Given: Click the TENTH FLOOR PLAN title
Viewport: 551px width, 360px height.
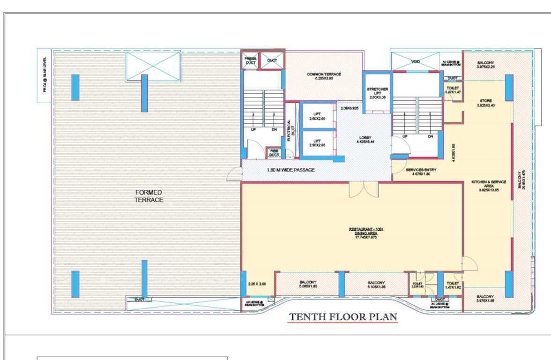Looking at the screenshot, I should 343,317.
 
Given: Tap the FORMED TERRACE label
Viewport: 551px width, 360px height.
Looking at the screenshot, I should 149,196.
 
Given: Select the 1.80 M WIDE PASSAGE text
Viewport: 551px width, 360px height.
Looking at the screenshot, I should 290,170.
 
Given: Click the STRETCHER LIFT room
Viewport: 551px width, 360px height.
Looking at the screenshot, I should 377,92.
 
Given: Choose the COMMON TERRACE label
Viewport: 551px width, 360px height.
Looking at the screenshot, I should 324,76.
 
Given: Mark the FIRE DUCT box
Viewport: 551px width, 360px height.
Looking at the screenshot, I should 274,153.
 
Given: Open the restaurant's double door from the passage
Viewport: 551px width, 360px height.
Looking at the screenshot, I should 363,189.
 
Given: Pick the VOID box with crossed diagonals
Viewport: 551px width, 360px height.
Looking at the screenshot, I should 415,61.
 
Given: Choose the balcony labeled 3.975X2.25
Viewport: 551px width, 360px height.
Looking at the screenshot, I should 485,65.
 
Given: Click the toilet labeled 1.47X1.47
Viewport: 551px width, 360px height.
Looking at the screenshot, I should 453,90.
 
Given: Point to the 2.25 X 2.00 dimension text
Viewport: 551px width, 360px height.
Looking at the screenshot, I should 257,284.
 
